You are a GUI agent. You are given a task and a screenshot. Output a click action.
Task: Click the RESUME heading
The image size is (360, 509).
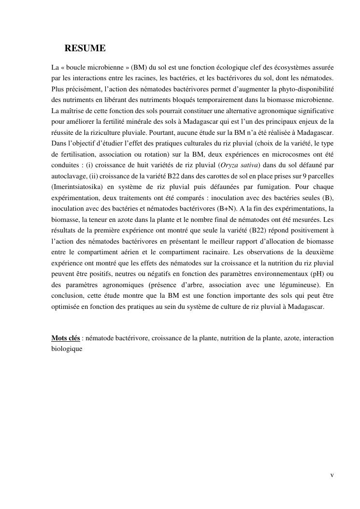click(x=85, y=48)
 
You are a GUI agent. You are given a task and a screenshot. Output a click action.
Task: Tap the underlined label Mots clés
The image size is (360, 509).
click(x=66, y=338)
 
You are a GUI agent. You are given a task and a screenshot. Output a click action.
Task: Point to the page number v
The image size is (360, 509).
click(x=332, y=475)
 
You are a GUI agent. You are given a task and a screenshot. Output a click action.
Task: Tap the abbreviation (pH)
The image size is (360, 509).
click(x=315, y=274)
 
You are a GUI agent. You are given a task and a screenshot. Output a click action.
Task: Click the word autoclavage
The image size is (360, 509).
click(x=69, y=176)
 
